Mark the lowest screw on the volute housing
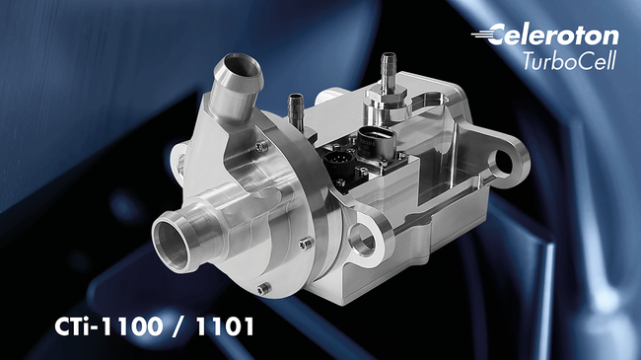pos(261,289)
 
